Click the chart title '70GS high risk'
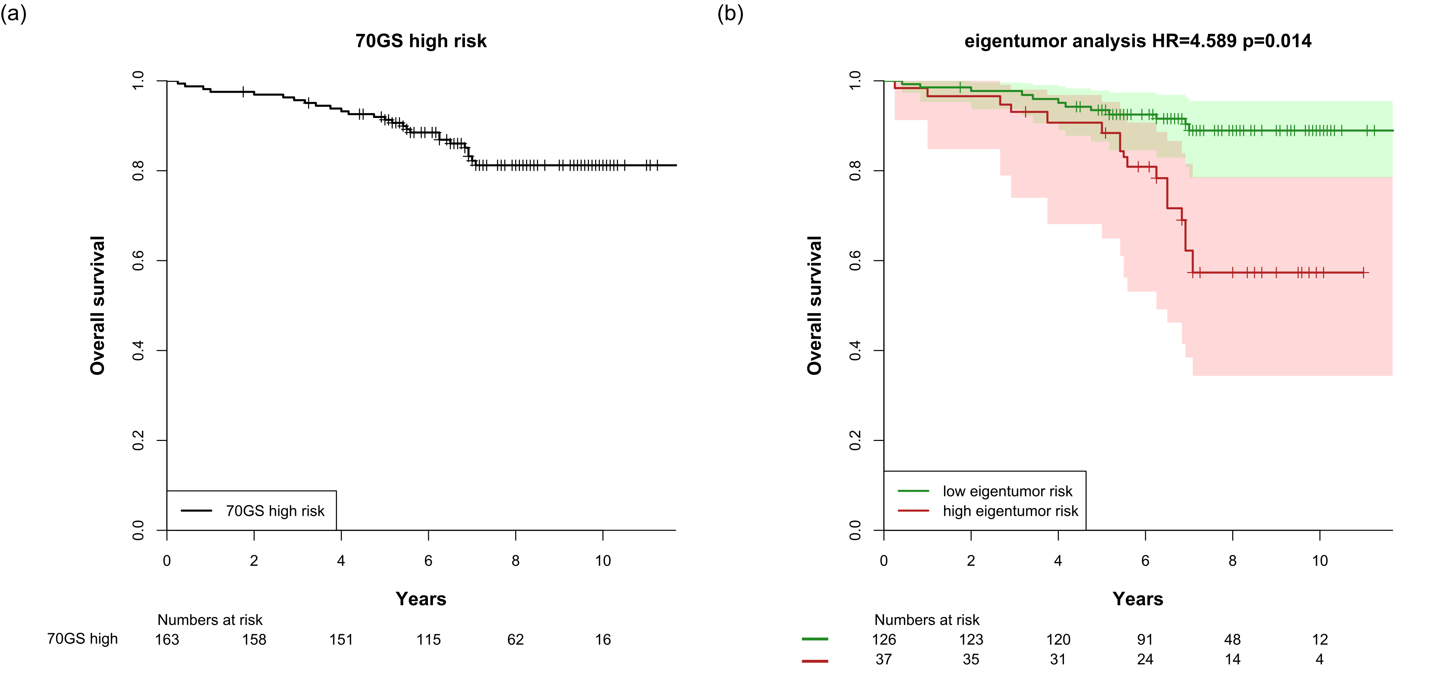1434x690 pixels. [421, 41]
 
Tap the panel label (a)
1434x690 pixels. [13, 13]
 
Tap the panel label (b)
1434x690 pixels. [730, 13]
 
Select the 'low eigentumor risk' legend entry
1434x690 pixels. [1007, 491]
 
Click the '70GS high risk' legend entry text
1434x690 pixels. [275, 511]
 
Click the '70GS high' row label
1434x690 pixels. [82, 639]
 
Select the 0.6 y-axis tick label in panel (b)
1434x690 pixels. [855, 261]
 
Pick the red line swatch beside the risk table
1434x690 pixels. [815, 661]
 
